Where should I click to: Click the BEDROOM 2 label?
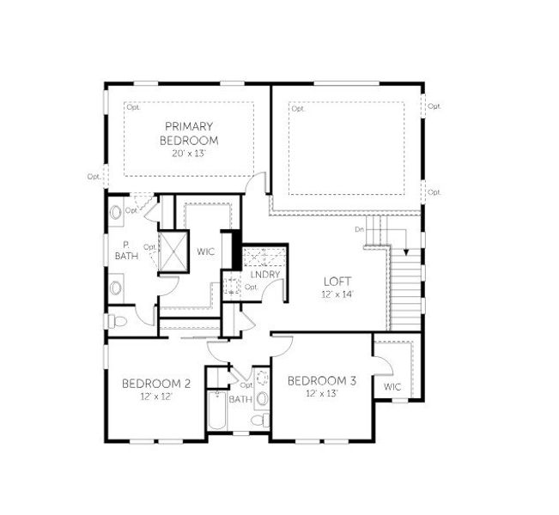tap(155, 383)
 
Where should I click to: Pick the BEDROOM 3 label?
tap(321, 380)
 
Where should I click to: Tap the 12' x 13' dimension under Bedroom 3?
tap(321, 393)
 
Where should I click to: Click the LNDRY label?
tap(254, 275)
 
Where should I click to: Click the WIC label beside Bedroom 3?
tap(392, 387)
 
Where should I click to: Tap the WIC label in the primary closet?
tap(204, 251)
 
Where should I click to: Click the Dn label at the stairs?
tap(359, 230)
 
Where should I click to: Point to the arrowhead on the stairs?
tap(401, 253)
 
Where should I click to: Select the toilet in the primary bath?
tap(119, 322)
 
